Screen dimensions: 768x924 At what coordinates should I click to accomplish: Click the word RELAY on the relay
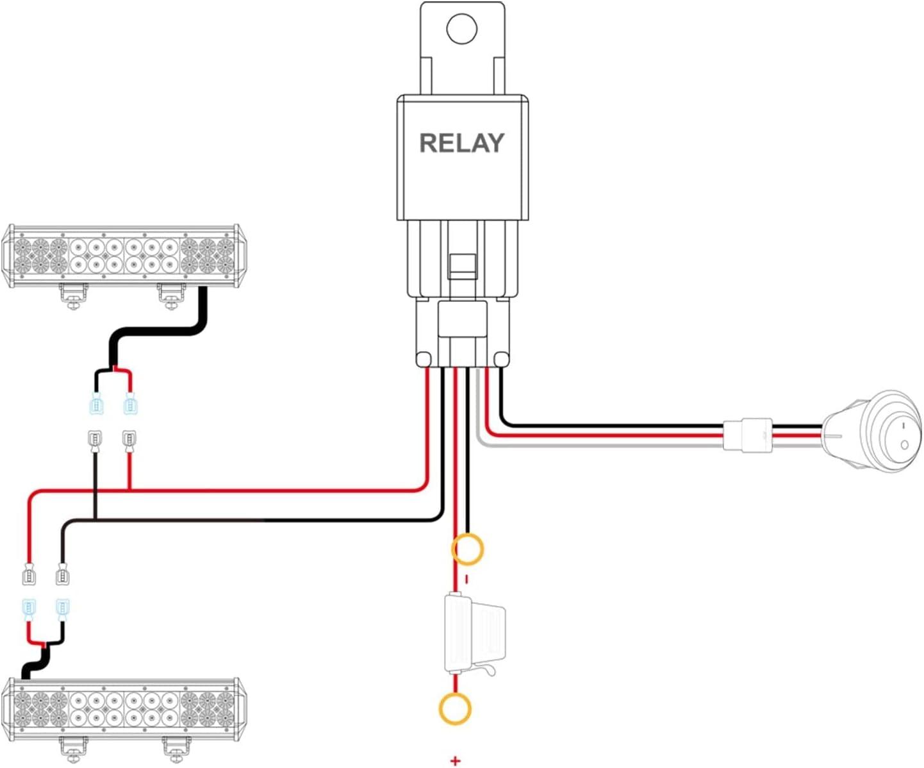[461, 143]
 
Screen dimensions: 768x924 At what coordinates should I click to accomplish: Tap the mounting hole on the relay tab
[462, 29]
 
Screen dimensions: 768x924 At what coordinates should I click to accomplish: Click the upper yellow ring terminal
[467, 549]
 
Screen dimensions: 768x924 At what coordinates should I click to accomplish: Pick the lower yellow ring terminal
[455, 709]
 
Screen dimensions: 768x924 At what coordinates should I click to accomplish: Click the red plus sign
[455, 761]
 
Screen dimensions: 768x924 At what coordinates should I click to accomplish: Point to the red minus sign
[467, 580]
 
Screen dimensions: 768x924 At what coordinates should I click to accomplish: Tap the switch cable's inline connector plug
[748, 435]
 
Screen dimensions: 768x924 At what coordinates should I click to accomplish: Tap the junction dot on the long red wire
[130, 490]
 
